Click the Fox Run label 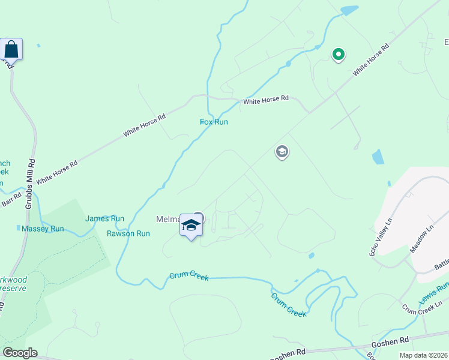coord(214,122)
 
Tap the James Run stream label coord(104,219)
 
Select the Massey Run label coord(43,229)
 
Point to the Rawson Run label coord(128,233)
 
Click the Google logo coord(20,353)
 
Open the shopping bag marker coord(11,49)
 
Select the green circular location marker coord(339,55)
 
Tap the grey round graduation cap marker coord(282,152)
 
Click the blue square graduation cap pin coord(191,226)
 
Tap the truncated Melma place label coord(168,220)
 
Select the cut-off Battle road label coord(441,263)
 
